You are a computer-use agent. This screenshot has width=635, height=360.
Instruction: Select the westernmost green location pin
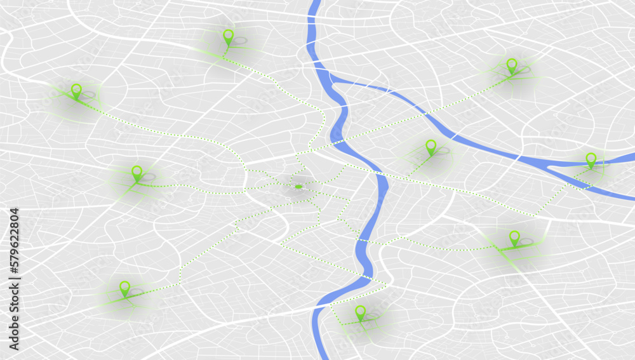click(76, 90)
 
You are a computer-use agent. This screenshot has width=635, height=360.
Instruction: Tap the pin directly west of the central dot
click(137, 172)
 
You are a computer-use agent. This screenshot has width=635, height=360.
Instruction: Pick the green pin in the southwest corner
click(124, 288)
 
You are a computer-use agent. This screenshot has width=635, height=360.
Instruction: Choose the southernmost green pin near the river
click(360, 312)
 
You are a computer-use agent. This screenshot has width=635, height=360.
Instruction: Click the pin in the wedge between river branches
click(431, 147)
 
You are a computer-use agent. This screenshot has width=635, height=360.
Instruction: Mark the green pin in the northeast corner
click(512, 65)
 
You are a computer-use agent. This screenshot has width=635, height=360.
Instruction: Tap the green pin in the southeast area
click(514, 237)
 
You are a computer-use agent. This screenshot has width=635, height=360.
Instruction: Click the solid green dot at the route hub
click(298, 187)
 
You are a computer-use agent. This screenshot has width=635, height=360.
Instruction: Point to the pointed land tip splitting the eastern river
click(551, 166)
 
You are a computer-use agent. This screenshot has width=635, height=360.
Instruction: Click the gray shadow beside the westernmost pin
click(88, 95)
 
